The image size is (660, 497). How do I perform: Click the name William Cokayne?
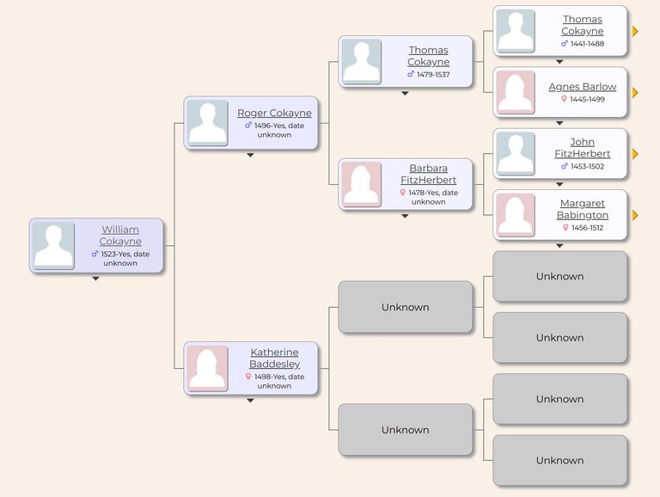coord(120,236)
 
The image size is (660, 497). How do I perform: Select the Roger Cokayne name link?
coord(274,113)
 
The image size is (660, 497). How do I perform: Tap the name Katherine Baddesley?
coord(274,358)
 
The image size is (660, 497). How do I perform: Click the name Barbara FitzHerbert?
coord(429,174)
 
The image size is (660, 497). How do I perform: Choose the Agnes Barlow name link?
coord(583,87)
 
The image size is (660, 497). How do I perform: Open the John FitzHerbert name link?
coord(583,148)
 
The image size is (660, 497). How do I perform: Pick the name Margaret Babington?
coord(583,209)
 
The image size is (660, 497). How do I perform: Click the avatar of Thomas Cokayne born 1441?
coord(516,31)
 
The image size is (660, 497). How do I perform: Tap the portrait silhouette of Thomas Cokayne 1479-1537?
coord(361,62)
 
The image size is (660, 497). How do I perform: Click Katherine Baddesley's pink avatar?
coord(207,369)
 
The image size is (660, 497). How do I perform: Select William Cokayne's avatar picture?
coord(53,247)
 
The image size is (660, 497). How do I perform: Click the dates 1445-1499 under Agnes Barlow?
coord(587,100)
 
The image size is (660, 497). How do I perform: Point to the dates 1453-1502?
coord(587,166)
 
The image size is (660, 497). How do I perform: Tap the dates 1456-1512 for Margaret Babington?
coord(587,228)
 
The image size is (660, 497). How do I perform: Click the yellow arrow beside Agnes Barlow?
coord(635,93)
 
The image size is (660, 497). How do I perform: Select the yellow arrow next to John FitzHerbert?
coord(635,154)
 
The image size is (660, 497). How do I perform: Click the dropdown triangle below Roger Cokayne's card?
coord(250,156)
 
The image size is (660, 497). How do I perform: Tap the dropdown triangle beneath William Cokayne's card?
coord(96,279)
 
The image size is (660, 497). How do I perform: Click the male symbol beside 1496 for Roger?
coord(248,125)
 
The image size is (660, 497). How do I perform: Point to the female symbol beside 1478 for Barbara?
coord(403,193)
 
